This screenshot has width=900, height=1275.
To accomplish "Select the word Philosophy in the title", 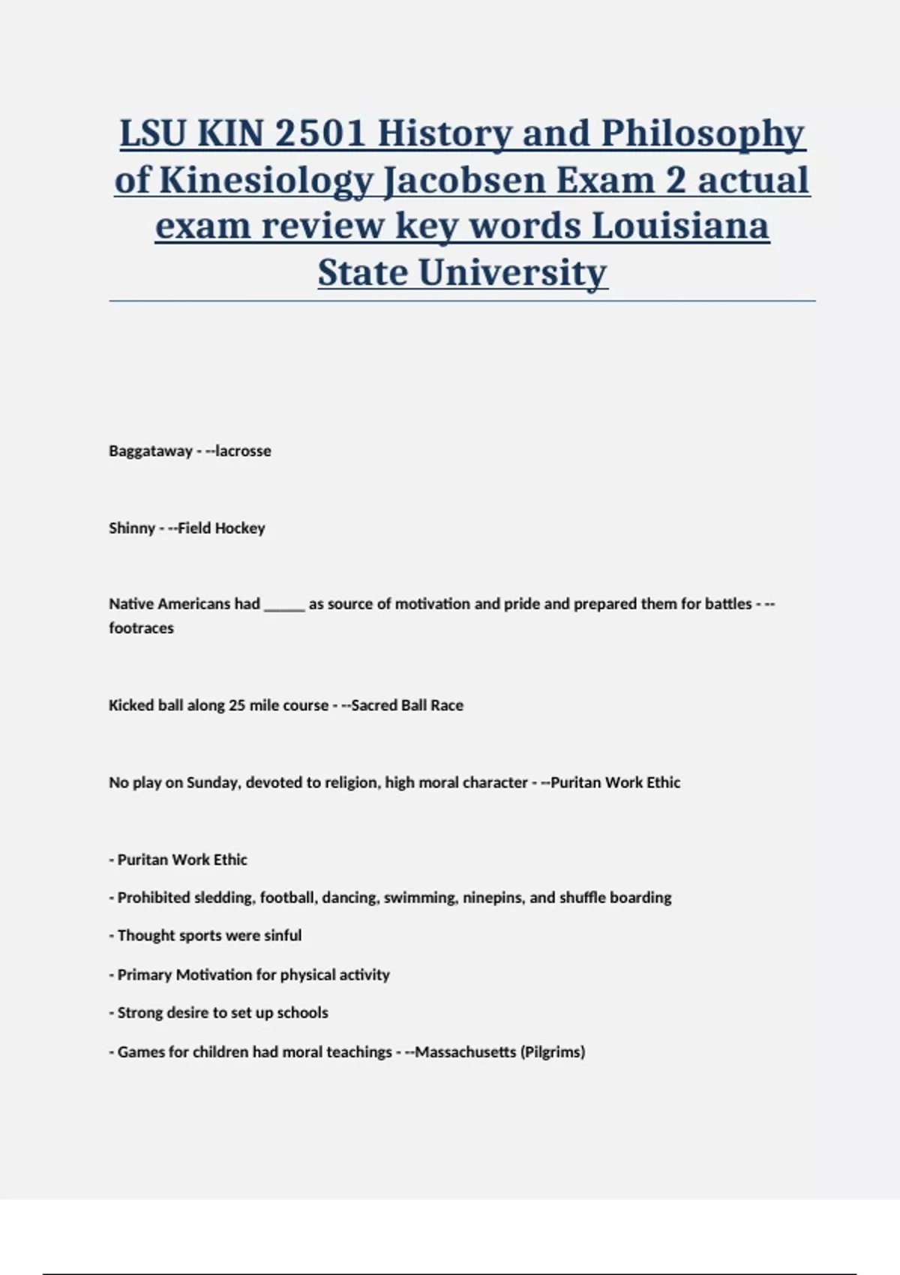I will click(703, 133).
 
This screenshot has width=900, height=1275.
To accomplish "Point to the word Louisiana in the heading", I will click(680, 226).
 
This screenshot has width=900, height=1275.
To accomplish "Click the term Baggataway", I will click(151, 451).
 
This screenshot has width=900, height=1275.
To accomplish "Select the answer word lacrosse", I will click(243, 451).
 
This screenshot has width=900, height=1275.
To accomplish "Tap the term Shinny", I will click(132, 528).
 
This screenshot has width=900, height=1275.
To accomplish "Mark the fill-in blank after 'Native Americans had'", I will click(284, 604).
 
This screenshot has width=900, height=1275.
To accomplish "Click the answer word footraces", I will click(141, 628).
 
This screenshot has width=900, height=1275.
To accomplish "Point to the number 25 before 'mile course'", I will click(237, 705).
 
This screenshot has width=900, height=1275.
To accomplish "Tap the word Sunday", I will click(212, 782).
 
